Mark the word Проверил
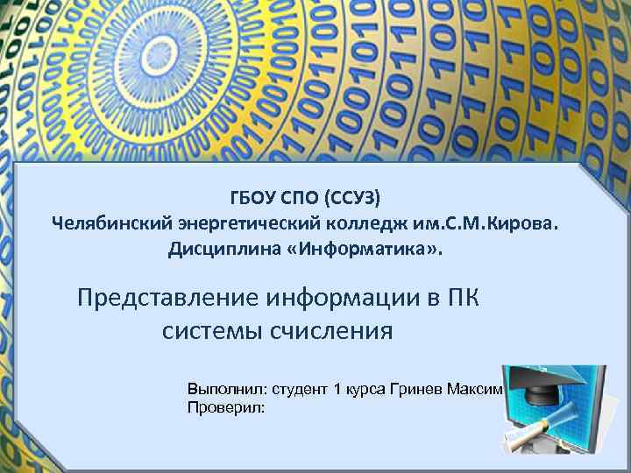[223, 407]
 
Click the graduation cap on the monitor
[538, 382]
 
